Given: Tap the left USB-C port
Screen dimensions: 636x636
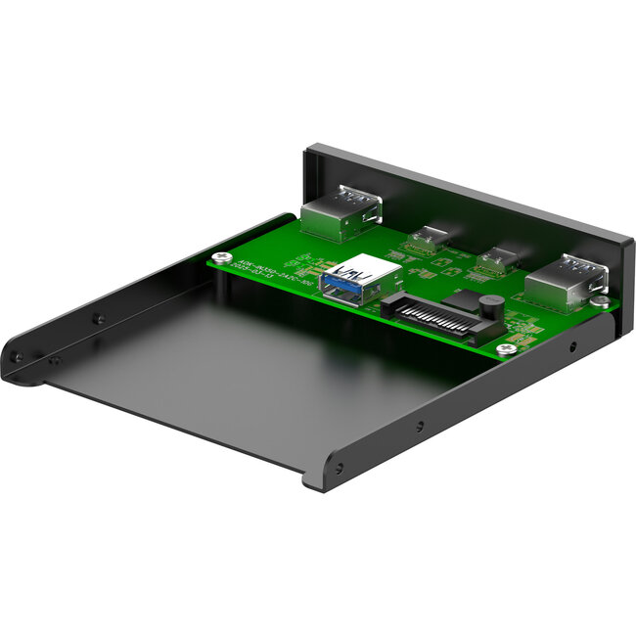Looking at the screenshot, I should click(x=426, y=241).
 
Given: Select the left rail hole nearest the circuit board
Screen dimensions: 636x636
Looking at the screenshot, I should click(x=97, y=318).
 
